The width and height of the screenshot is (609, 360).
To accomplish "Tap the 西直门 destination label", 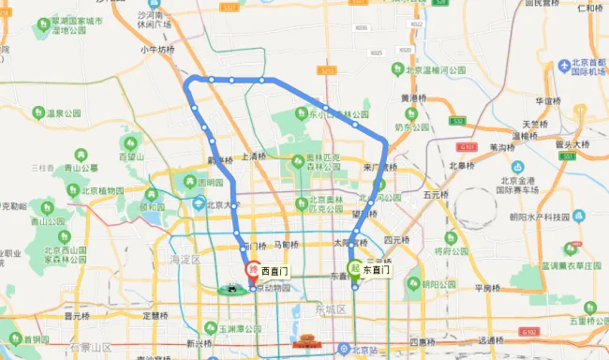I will tap(275, 270).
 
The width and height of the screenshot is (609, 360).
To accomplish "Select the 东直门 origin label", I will tap(378, 270).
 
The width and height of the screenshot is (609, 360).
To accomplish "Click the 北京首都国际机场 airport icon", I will tap(565, 66).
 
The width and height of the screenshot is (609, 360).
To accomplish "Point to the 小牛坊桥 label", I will tap(157, 51).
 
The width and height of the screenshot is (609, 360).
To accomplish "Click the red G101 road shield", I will tap(469, 146).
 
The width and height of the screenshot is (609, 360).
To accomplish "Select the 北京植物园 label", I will tap(104, 190).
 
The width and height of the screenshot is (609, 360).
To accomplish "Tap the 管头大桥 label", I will tap(572, 144).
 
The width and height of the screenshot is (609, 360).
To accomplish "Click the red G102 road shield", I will tap(530, 332).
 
